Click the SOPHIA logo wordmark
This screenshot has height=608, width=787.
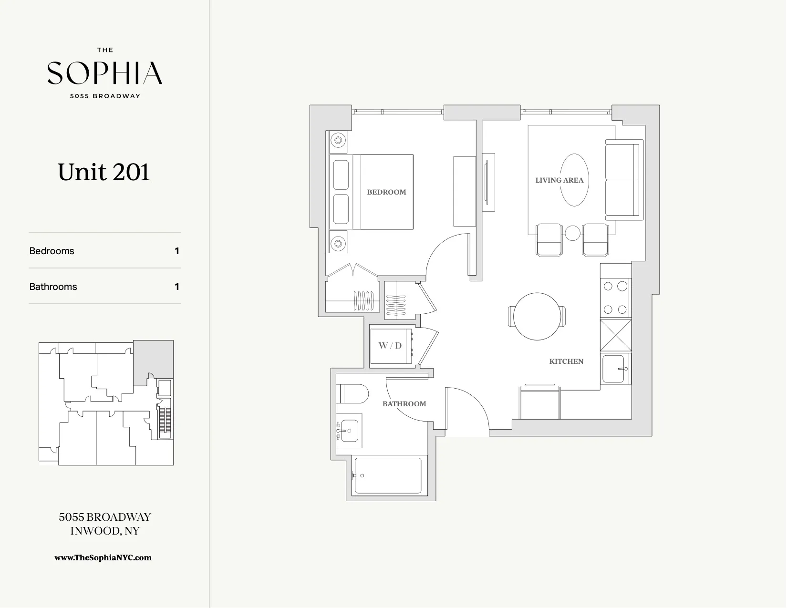click(x=104, y=73)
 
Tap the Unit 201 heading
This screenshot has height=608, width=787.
click(x=104, y=172)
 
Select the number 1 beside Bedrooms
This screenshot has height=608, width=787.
click(x=177, y=251)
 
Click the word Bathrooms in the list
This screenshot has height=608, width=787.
click(x=53, y=287)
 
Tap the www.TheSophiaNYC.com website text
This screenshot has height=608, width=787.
click(x=103, y=557)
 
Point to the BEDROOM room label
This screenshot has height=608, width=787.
click(x=386, y=192)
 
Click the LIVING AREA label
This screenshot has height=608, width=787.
click(x=559, y=180)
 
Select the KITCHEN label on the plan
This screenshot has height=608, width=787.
click(x=566, y=361)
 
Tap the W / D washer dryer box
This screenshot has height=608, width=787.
click(x=391, y=346)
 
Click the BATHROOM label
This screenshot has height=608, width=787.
click(x=404, y=404)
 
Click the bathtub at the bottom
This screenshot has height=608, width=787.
click(x=387, y=476)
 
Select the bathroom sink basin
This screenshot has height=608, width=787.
click(x=349, y=431)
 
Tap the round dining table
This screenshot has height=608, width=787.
click(x=537, y=316)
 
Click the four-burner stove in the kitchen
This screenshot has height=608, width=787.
click(x=615, y=298)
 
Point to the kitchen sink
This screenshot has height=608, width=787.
click(x=613, y=369)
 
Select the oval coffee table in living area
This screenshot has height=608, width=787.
click(x=574, y=180)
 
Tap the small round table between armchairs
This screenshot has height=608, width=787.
click(x=572, y=233)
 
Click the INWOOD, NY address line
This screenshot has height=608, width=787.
click(x=104, y=531)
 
